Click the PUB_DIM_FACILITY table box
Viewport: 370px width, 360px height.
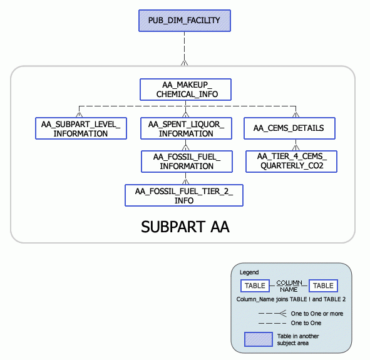click(x=184, y=21)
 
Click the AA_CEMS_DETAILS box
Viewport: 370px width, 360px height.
click(x=289, y=128)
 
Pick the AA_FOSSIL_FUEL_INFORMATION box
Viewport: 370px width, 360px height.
click(x=186, y=161)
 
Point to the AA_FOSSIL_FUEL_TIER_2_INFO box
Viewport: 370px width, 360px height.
click(x=184, y=195)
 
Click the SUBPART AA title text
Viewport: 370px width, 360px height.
click(x=185, y=227)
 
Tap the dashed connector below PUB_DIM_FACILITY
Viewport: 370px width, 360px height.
click(x=184, y=47)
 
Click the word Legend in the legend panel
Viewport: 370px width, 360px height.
click(x=249, y=272)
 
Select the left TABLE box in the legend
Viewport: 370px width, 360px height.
click(x=255, y=285)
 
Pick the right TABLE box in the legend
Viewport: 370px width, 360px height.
click(x=323, y=285)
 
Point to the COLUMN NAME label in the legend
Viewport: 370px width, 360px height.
click(x=289, y=285)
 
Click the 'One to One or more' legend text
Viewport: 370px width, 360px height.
click(x=317, y=314)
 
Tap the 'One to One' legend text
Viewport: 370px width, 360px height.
click(x=306, y=323)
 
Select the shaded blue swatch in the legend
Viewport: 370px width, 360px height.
click(x=257, y=339)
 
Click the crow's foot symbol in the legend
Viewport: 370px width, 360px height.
click(x=282, y=313)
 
